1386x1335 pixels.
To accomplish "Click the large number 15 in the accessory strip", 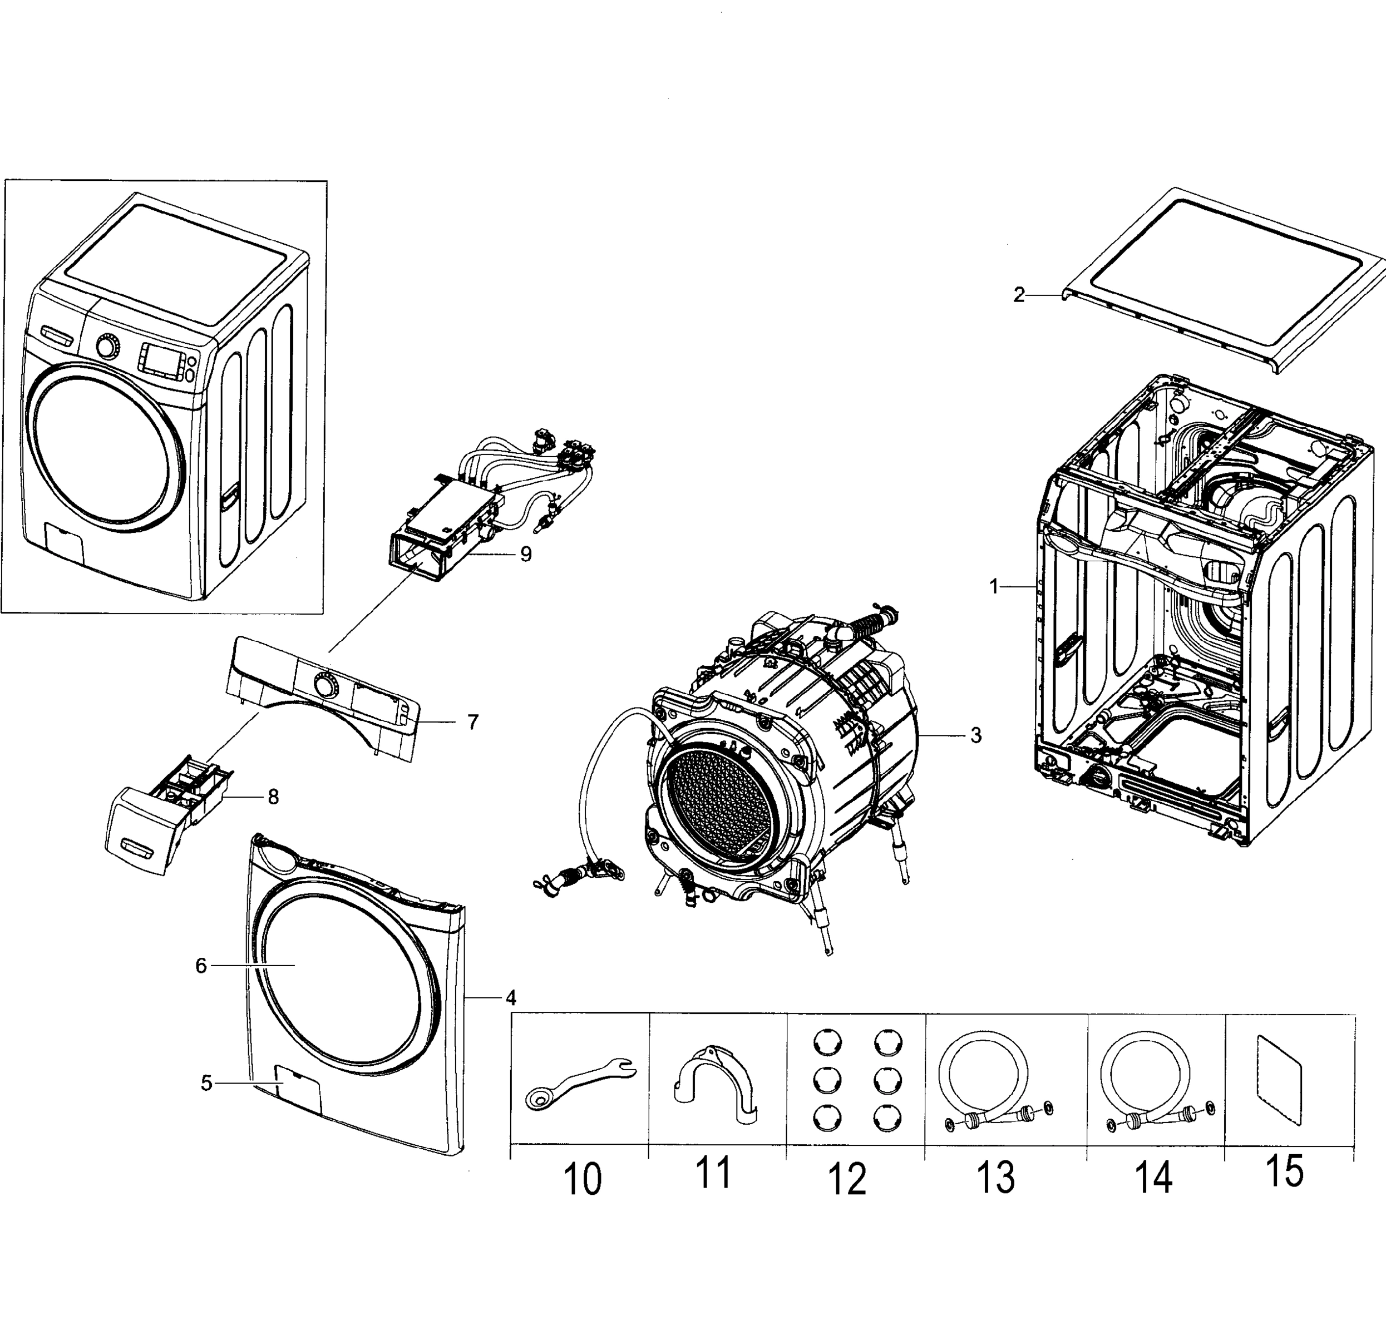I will (x=1284, y=1171).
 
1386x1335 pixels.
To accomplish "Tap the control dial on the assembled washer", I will (x=107, y=347).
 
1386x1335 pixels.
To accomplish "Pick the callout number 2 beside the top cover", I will (x=1018, y=295).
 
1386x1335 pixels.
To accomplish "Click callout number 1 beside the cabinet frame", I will (x=994, y=586).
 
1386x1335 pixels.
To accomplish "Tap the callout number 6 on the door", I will (x=201, y=966).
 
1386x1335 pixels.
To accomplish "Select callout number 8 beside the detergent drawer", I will (x=273, y=797).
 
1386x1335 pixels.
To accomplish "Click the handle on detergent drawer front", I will (x=136, y=847).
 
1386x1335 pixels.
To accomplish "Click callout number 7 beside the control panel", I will (x=473, y=722).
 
